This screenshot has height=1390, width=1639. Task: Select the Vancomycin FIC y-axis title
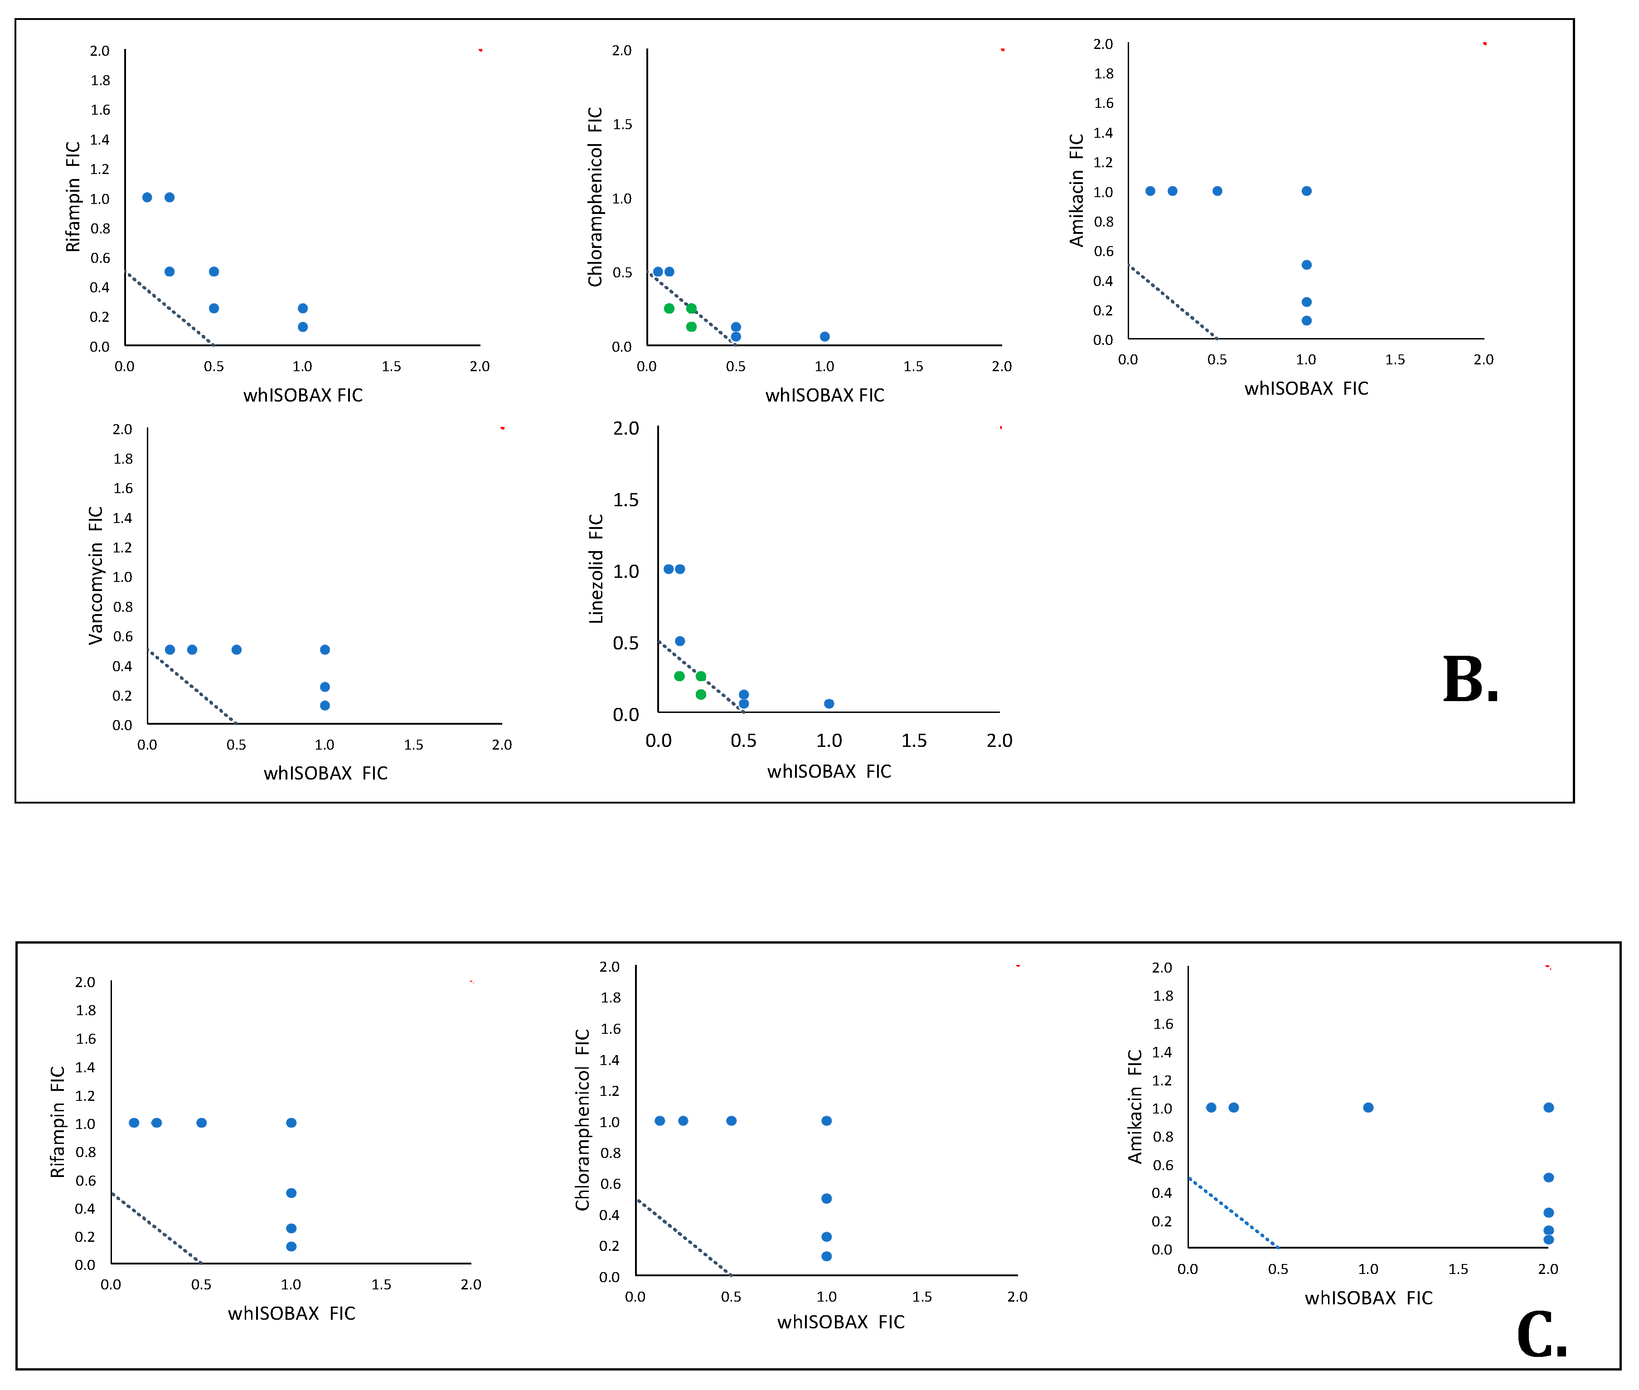pyautogui.click(x=95, y=575)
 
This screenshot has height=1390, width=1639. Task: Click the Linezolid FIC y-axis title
pyautogui.click(x=596, y=569)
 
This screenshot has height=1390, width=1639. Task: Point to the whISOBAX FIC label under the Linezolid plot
pyautogui.click(x=829, y=771)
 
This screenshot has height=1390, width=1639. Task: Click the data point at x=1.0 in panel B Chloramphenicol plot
pyautogui.click(x=824, y=336)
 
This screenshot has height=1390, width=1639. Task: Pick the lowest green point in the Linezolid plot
pyautogui.click(x=700, y=694)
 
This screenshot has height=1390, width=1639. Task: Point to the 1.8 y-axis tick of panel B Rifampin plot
pyautogui.click(x=100, y=80)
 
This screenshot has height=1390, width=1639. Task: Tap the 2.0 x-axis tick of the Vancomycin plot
pyautogui.click(x=501, y=745)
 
